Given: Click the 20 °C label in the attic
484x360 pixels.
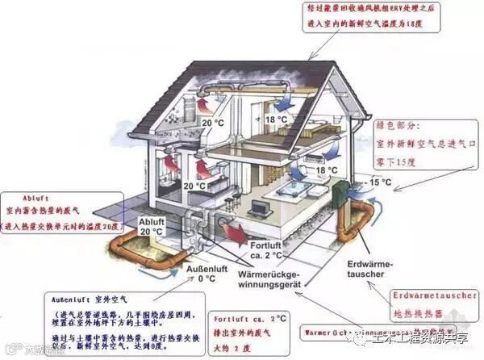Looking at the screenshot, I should tap(213, 123).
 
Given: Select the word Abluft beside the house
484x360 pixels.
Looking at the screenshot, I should tap(150, 221).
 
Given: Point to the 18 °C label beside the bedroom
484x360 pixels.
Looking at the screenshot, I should tap(326, 171).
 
